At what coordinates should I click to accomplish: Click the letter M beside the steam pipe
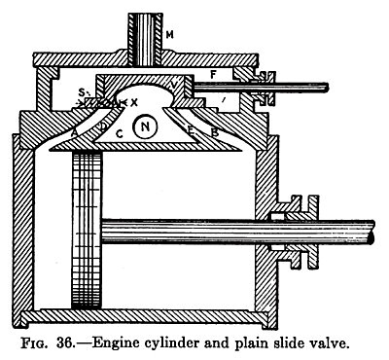coord(170,37)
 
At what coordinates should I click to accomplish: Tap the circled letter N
coord(144,126)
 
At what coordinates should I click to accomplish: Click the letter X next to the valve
coord(134,102)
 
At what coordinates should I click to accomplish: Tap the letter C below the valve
coord(118,133)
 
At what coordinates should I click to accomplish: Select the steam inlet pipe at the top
coord(147,29)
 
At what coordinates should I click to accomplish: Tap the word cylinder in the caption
coord(194,342)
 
